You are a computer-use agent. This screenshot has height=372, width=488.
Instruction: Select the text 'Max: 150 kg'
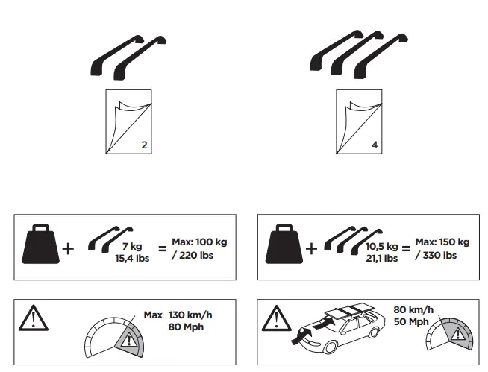point(442,242)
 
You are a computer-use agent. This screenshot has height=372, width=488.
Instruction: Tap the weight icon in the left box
point(41,246)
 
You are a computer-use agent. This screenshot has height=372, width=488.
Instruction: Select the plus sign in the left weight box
point(68,248)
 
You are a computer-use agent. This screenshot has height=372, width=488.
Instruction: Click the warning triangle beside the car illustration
point(275,318)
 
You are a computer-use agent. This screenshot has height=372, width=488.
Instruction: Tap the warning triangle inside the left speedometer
point(128,344)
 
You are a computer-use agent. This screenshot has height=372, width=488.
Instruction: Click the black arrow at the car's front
point(304,333)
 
